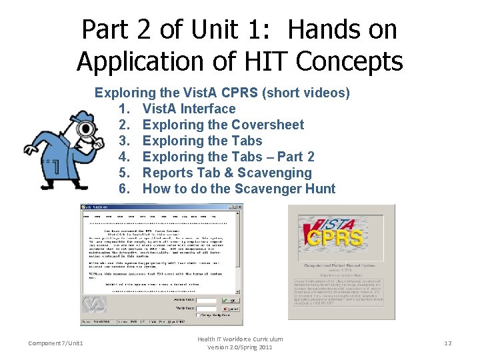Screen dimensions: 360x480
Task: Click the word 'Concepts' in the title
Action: (349, 61)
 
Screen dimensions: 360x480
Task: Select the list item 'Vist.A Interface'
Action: (189, 109)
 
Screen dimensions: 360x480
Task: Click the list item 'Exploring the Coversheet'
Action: (223, 125)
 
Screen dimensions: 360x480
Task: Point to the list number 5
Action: (124, 173)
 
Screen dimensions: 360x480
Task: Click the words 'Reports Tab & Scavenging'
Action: (227, 173)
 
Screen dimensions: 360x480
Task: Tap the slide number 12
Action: (448, 343)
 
